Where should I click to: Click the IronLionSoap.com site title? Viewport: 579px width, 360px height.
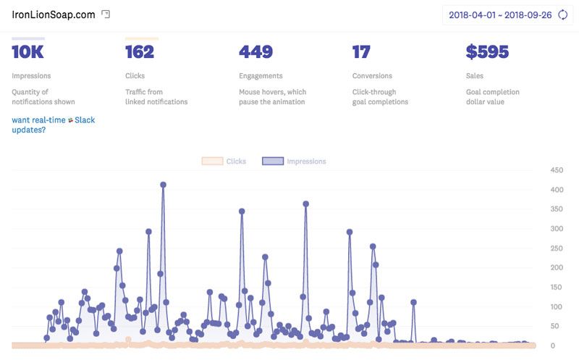coord(53,14)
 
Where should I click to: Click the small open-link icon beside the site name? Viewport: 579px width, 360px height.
coord(106,14)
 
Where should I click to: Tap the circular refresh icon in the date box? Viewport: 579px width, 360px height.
coord(562,15)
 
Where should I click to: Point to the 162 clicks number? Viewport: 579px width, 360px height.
coord(139,52)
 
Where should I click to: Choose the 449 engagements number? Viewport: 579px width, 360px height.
coord(255,52)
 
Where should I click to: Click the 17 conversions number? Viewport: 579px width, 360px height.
coord(361,52)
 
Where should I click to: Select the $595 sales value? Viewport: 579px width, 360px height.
coord(487,52)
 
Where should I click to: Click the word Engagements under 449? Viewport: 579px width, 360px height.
coord(262,76)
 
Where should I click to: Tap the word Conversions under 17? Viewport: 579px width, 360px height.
coord(372,76)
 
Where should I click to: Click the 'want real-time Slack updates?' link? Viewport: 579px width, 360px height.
coord(53,125)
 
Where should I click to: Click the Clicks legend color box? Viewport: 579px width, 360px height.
coord(211,162)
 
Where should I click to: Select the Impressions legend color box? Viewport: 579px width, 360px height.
coord(272,162)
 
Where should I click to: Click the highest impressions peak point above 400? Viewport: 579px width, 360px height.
coord(163,185)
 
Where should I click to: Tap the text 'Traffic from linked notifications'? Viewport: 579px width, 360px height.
coord(156,97)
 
